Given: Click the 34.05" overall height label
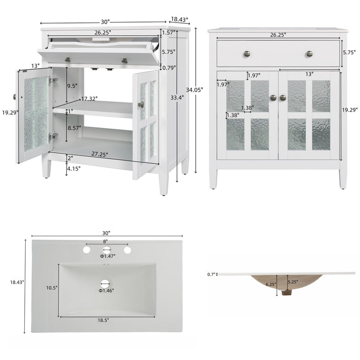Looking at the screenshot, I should point(196,90).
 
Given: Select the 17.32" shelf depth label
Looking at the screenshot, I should point(90,99).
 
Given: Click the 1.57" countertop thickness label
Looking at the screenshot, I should point(168,33).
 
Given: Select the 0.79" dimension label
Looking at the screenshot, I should point(169,68).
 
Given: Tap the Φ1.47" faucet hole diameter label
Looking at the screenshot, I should point(108,256).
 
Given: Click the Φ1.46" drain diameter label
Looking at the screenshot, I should point(107,290).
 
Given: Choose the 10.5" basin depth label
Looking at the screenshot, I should point(52,288).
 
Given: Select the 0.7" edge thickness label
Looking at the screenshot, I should point(211,274).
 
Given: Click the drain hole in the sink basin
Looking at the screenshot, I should point(106,283).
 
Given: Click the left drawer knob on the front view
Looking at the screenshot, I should point(247,54).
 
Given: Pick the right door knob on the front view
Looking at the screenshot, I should point(283,98).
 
